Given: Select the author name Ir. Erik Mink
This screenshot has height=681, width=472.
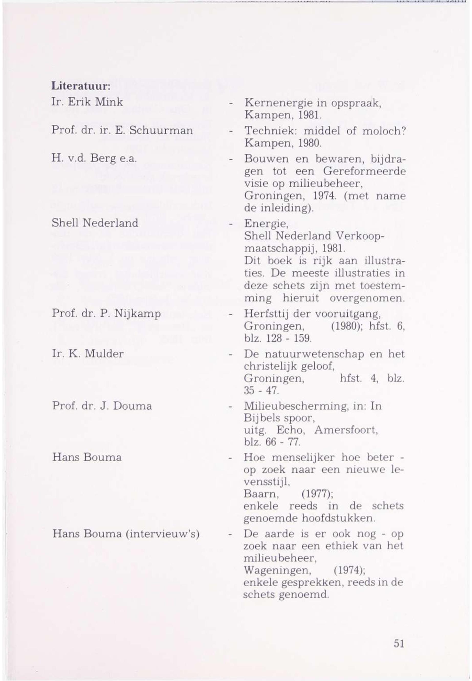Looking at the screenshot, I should pyautogui.click(x=87, y=102).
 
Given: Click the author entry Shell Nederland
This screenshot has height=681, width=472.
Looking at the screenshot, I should pyautogui.click(x=95, y=223).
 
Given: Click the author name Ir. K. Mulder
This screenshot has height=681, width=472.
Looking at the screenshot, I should pyautogui.click(x=88, y=354).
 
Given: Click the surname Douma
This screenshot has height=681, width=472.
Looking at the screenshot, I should pyautogui.click(x=132, y=406).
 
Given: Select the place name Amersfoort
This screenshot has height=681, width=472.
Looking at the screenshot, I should pyautogui.click(x=346, y=430).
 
